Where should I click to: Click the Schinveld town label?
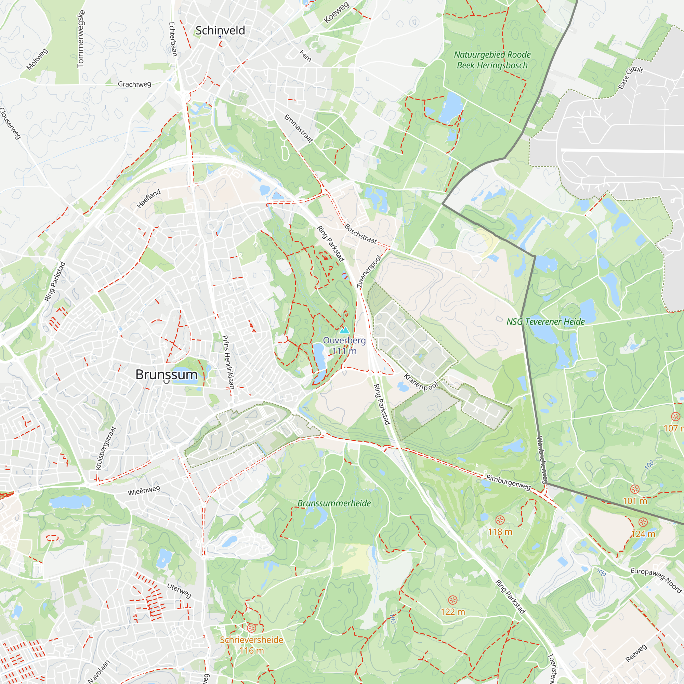(x=220, y=30)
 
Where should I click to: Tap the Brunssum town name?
(x=166, y=374)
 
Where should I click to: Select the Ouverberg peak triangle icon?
(x=344, y=331)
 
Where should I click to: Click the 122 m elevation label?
(x=452, y=612)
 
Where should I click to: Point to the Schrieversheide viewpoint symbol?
(x=251, y=628)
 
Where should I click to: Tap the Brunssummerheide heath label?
(x=334, y=503)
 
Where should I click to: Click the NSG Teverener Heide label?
(x=545, y=321)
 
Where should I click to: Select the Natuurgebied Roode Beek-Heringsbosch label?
(x=492, y=60)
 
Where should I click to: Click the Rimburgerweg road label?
(x=508, y=483)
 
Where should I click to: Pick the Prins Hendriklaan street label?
(x=228, y=362)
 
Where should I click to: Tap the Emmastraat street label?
(x=299, y=129)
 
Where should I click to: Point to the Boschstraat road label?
(x=360, y=233)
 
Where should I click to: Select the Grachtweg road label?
(x=134, y=84)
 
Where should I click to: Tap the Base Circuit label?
(x=630, y=78)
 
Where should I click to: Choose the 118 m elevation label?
(x=500, y=532)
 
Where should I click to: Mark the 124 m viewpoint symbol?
(x=643, y=522)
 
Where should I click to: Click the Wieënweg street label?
(x=144, y=491)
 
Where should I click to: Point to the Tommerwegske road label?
(x=81, y=39)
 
